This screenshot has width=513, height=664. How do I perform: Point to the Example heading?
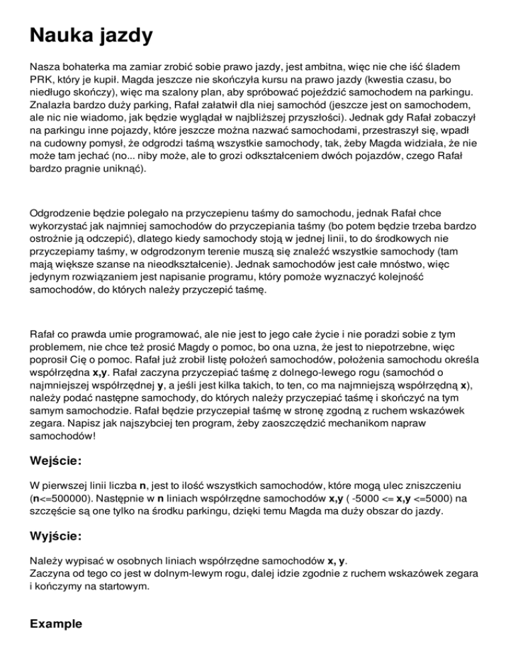[x=56, y=624]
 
